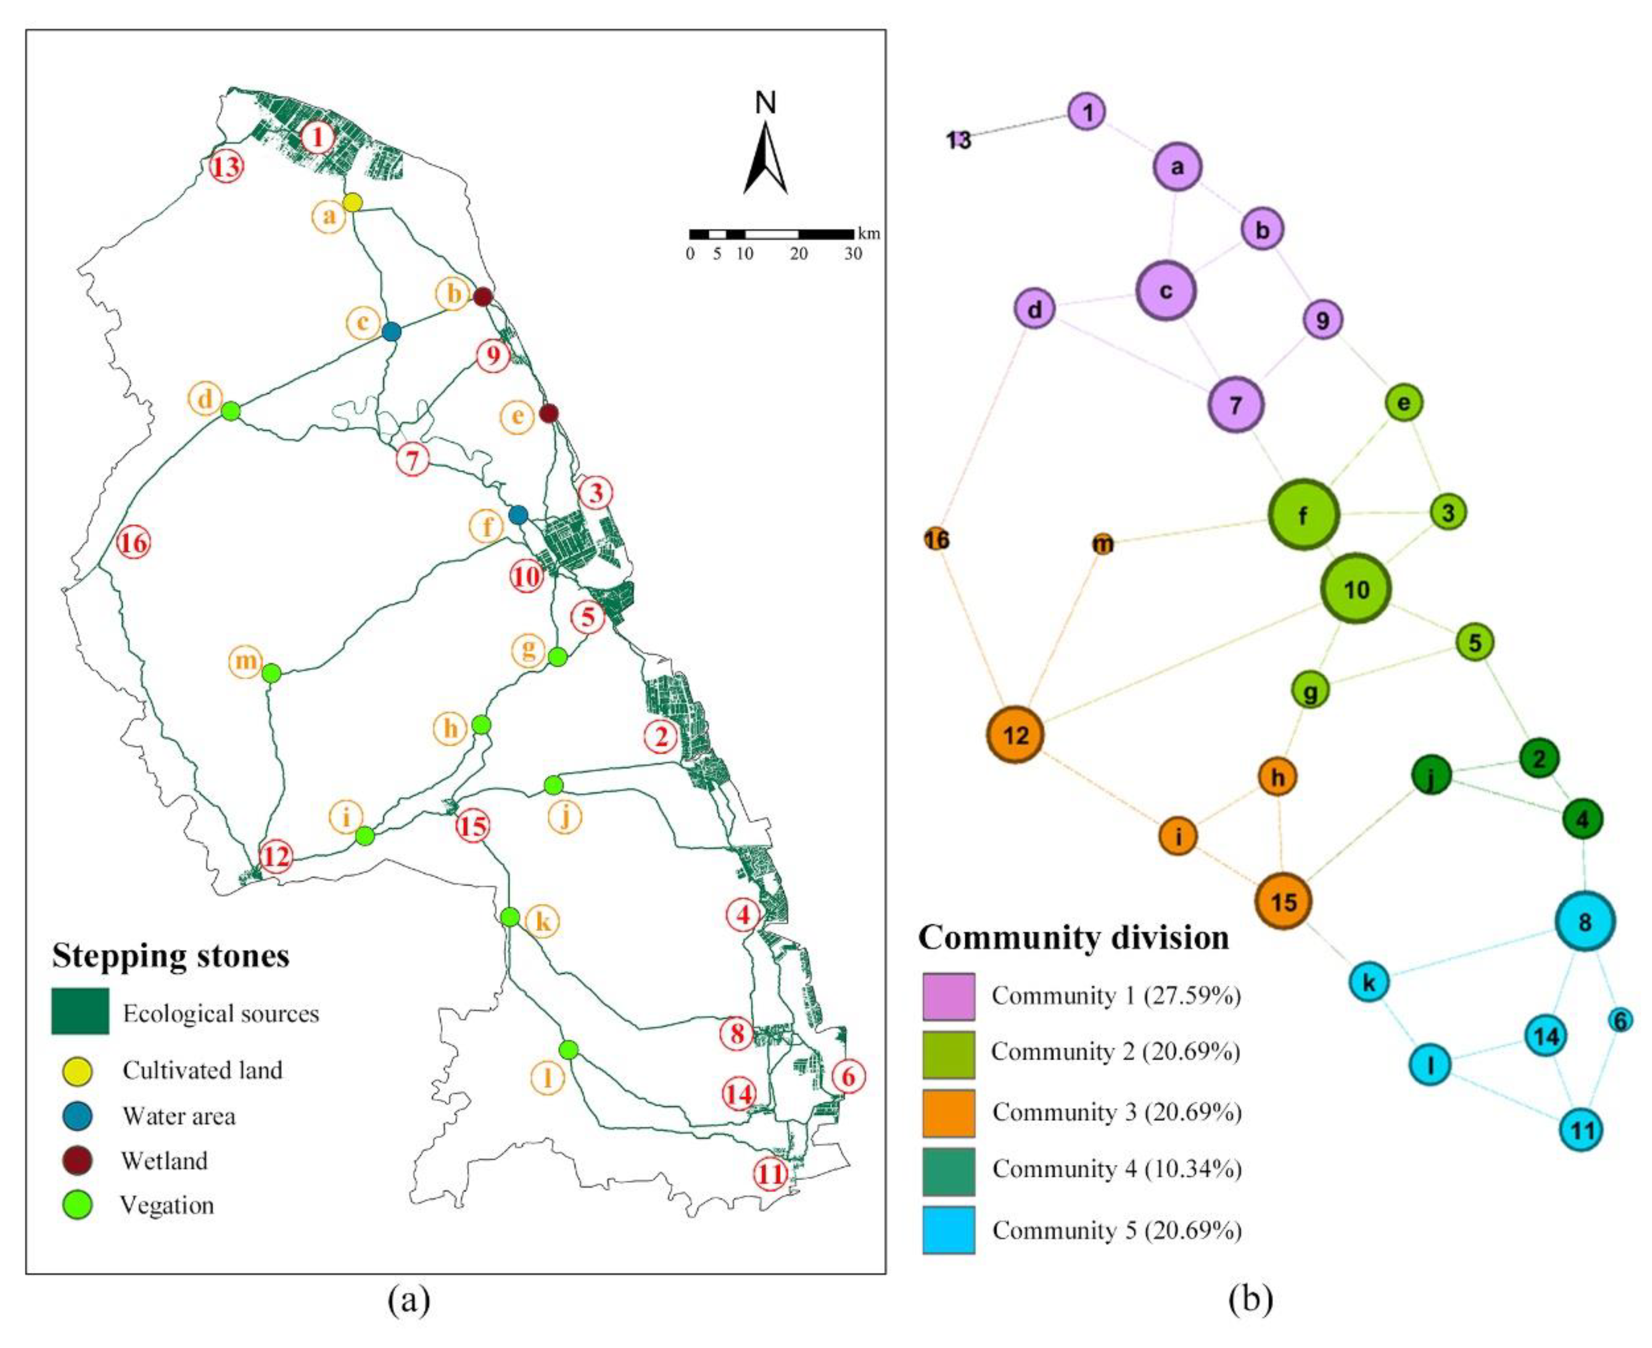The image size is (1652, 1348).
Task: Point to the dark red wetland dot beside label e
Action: point(549,413)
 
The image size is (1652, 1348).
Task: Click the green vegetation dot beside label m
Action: point(271,673)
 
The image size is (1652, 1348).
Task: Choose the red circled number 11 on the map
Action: point(770,1174)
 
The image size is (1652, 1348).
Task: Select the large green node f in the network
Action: point(1303,514)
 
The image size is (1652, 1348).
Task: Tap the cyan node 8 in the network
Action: point(1585,922)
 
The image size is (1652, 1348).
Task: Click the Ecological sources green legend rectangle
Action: point(80,1011)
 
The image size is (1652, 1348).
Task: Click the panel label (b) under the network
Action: point(1250,1298)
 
